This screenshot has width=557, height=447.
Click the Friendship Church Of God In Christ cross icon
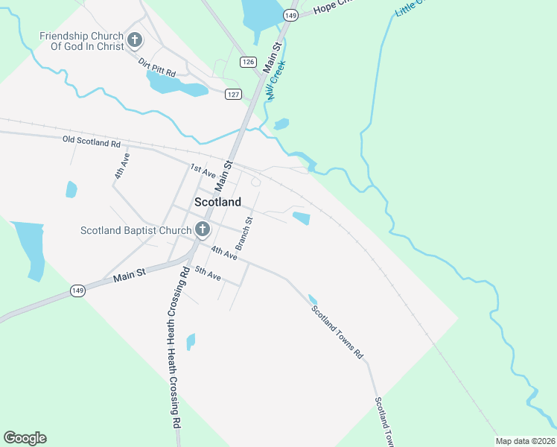point(135,40)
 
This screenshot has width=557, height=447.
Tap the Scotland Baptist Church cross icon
point(201,229)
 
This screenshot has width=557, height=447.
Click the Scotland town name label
point(217,202)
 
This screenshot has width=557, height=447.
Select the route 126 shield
point(247,61)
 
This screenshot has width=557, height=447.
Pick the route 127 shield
point(234,94)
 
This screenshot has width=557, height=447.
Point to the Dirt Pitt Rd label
point(156,69)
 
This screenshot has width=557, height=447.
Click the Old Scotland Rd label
point(92,142)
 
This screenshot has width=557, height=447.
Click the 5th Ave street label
point(208,274)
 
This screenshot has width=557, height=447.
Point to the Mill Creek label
point(276,80)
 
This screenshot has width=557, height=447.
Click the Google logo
point(25,438)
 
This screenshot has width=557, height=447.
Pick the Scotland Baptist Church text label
point(136,230)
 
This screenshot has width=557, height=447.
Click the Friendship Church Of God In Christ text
point(82,41)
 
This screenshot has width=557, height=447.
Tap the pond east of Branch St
point(301,218)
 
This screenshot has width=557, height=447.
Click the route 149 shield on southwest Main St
point(77,291)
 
